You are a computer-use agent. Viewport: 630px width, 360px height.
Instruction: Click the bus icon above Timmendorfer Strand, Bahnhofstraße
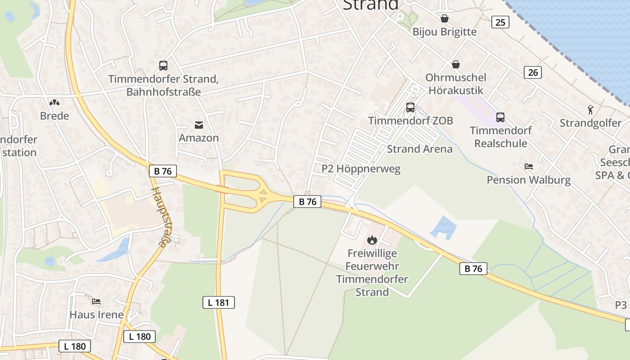click(163, 66)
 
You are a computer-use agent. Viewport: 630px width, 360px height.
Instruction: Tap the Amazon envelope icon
click(198, 125)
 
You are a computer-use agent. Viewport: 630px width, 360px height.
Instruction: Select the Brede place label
click(54, 116)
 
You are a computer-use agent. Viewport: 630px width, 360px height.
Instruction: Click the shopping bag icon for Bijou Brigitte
click(445, 18)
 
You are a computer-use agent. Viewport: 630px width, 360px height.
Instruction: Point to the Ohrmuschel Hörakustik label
click(455, 84)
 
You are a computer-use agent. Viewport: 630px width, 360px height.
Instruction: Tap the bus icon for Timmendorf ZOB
click(410, 107)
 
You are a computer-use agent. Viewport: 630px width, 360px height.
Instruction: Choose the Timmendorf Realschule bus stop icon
click(500, 117)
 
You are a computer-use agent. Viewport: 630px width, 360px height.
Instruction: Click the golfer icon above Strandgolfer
click(590, 109)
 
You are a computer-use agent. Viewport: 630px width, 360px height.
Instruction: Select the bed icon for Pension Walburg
click(529, 166)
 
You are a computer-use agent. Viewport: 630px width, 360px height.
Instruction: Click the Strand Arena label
click(419, 149)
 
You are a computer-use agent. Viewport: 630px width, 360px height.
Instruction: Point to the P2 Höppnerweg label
click(361, 169)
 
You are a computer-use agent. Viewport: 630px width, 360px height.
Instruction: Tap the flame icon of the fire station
click(372, 240)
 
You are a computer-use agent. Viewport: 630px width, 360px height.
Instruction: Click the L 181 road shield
click(219, 302)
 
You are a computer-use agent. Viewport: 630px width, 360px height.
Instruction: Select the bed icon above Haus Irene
click(96, 301)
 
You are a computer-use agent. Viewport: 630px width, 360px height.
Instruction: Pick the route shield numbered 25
click(500, 22)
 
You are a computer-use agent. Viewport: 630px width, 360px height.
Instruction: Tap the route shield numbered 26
click(532, 72)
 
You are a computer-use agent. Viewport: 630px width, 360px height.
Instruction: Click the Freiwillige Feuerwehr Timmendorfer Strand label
click(372, 273)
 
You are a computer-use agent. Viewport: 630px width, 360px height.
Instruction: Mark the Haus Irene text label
click(96, 314)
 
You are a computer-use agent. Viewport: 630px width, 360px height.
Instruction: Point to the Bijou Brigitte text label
click(445, 31)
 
